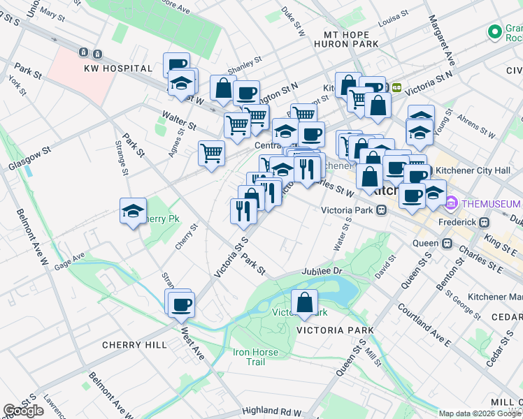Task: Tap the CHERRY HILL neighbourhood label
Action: [x=134, y=345]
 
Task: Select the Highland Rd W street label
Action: [x=272, y=413]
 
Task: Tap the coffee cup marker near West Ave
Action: [x=181, y=304]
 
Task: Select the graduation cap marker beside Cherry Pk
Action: [x=133, y=212]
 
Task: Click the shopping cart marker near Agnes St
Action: [x=211, y=153]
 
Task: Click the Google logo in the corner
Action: [x=24, y=411]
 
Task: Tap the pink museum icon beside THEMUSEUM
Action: [x=452, y=203]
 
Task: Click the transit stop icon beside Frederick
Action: [x=482, y=222]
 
